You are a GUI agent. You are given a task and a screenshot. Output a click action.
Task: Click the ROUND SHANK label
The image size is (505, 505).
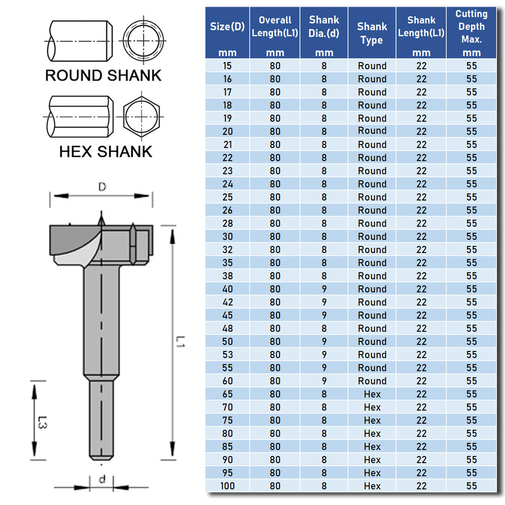tap(103, 75)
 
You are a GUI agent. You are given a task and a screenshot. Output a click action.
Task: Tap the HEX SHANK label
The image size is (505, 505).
tap(106, 151)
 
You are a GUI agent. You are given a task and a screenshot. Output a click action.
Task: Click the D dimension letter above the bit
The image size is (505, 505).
tap(102, 187)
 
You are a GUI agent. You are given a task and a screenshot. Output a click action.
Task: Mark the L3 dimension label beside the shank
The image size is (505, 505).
tap(43, 421)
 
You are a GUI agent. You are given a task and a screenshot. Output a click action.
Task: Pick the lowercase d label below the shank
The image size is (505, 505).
tap(102, 479)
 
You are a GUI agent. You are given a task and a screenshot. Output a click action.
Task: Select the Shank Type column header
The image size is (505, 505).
tap(372, 33)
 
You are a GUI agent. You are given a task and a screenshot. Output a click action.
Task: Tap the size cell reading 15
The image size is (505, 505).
tap(227, 66)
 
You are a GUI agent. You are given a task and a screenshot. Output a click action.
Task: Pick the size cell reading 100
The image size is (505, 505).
tap(227, 486)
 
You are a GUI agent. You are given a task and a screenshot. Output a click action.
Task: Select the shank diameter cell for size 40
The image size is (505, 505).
tap(324, 289)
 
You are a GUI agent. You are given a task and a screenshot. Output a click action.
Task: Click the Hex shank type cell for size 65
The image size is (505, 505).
tap(372, 394)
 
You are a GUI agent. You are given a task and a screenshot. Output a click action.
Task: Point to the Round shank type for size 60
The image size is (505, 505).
tap(372, 381)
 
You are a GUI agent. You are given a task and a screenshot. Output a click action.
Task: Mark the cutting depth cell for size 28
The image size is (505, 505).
tap(471, 223)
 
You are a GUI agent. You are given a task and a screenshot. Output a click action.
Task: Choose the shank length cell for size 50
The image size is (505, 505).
tap(421, 341)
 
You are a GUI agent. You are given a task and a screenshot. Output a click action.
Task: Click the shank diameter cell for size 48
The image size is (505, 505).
tap(324, 328)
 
